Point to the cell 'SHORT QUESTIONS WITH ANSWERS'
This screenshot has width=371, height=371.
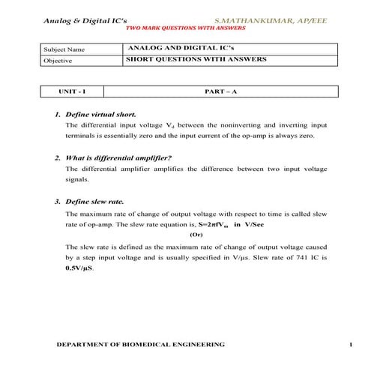click(x=196, y=59)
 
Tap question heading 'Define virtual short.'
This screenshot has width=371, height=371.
click(x=100, y=115)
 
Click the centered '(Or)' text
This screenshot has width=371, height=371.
click(x=196, y=235)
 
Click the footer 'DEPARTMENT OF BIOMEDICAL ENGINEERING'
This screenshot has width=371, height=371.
click(x=141, y=345)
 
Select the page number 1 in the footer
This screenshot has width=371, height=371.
click(x=349, y=345)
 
